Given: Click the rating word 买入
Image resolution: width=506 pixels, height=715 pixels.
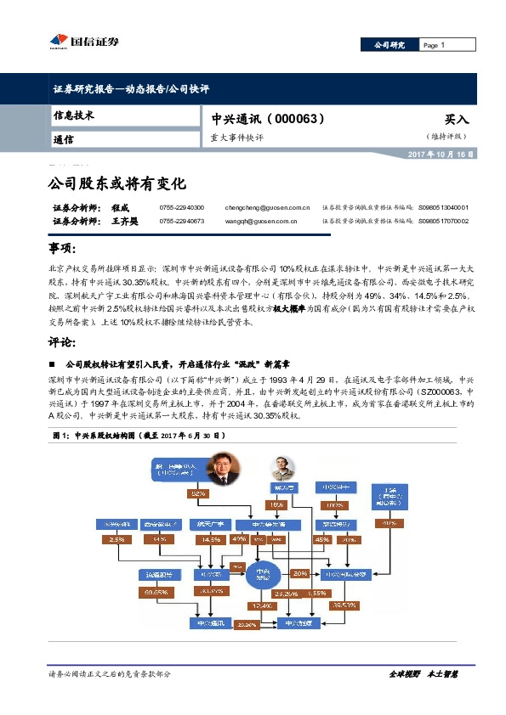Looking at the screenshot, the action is coord(456,121).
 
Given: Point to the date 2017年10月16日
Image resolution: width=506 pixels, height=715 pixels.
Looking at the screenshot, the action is coord(441,155).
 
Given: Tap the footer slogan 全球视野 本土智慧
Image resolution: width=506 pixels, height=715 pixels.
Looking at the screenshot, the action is coord(423,673).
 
